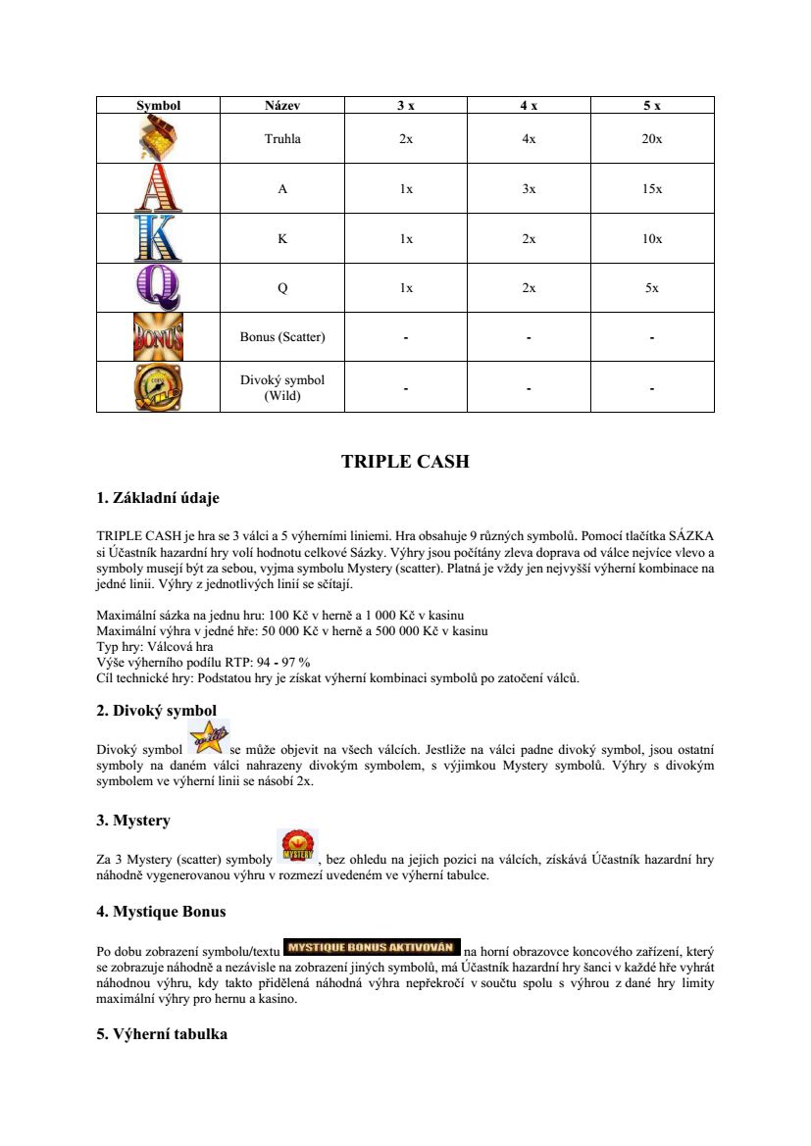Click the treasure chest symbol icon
[x=158, y=138]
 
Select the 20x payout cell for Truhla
[x=652, y=139]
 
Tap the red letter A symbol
[x=158, y=188]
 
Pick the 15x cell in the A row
[x=652, y=189]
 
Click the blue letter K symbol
[x=158, y=238]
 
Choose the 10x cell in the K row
[x=652, y=239]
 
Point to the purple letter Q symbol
[x=158, y=288]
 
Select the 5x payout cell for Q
[x=652, y=288]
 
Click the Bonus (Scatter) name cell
[x=282, y=337]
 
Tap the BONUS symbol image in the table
[x=158, y=337]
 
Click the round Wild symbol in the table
[x=158, y=387]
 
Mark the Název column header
[x=282, y=105]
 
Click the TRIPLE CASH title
[x=405, y=462]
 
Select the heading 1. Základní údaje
[x=158, y=498]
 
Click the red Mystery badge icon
[x=297, y=848]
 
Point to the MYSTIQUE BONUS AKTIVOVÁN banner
[x=372, y=947]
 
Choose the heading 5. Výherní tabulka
[x=162, y=1033]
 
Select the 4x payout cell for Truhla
[x=529, y=139]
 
